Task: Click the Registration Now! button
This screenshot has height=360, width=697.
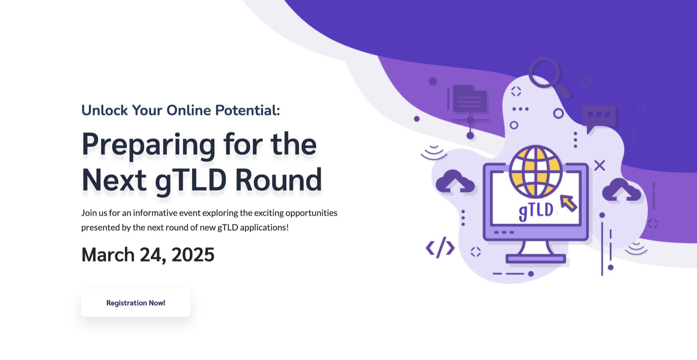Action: [x=136, y=303]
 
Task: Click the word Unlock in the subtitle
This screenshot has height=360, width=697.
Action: [x=105, y=110]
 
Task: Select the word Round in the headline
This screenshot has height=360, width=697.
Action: [x=278, y=180]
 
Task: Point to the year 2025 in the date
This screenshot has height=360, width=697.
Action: [x=193, y=255]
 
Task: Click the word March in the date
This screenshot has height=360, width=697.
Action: [x=108, y=255]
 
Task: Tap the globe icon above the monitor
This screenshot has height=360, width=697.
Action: [x=536, y=172]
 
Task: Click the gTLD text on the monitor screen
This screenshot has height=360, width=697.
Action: [x=536, y=211]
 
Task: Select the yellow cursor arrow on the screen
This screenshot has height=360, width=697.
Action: [x=568, y=203]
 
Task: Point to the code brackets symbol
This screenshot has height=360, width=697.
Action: [x=440, y=248]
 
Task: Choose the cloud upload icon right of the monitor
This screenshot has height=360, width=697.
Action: [x=621, y=190]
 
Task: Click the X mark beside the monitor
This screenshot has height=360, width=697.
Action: [x=600, y=165]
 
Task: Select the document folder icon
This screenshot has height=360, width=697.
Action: [x=469, y=99]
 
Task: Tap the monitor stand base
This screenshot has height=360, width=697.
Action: [x=536, y=259]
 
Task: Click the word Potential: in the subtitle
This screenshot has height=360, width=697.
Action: [x=248, y=110]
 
